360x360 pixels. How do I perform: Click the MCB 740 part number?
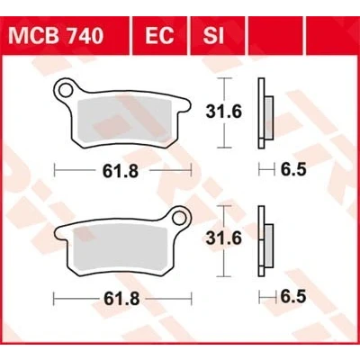click(x=56, y=36)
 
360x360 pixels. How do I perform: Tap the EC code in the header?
click(x=159, y=36)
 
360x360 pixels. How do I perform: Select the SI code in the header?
click(x=213, y=36)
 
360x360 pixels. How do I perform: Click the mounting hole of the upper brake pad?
click(x=65, y=89)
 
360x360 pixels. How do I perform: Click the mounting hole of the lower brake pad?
click(x=180, y=217)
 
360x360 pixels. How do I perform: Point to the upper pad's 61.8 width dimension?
click(x=121, y=171)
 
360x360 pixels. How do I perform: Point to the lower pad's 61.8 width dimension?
click(x=121, y=299)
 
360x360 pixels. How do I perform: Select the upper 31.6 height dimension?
click(x=223, y=112)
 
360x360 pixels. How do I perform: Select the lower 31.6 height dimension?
click(x=223, y=239)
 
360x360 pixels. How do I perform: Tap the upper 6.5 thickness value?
click(x=293, y=170)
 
